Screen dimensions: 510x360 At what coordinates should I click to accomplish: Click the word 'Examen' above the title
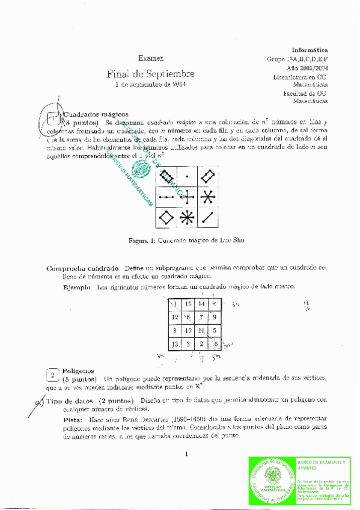click(x=150, y=58)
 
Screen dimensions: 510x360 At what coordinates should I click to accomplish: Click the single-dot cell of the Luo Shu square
click(x=187, y=177)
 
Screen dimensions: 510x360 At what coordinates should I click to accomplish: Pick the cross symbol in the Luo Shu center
click(x=187, y=197)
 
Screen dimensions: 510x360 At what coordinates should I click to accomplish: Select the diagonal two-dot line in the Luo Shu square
click(x=207, y=217)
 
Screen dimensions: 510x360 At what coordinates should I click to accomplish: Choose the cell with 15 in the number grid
click(x=188, y=304)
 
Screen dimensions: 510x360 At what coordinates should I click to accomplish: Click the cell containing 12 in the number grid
click(x=175, y=317)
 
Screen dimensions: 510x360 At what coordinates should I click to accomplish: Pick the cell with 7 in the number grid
click(x=201, y=317)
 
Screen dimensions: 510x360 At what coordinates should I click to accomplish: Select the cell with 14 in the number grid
click(x=201, y=304)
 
